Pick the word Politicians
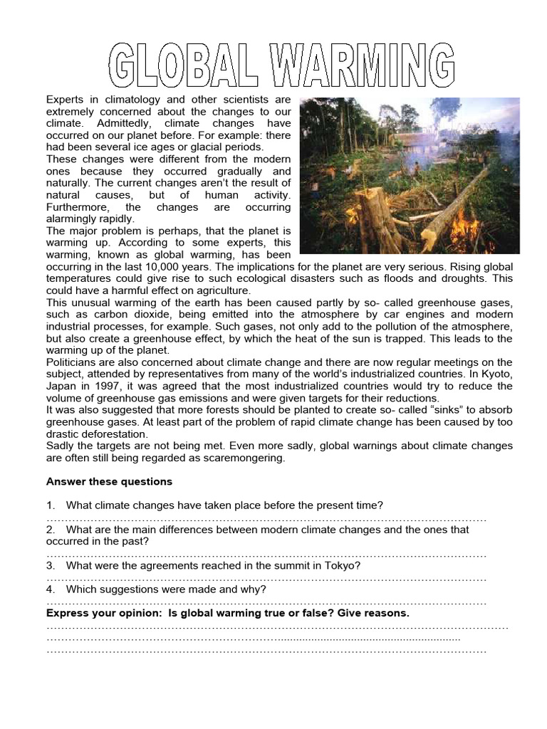point(75,362)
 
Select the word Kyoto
point(496,374)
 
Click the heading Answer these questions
point(109,482)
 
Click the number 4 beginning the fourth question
point(50,589)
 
